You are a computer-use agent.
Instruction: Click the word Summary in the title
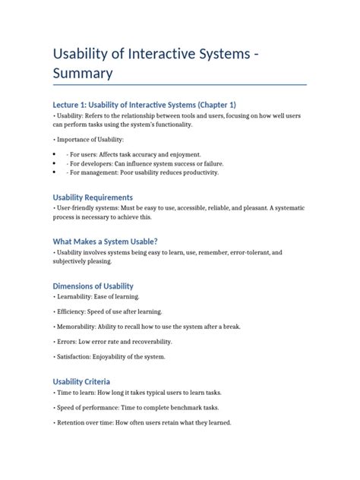click(x=82, y=73)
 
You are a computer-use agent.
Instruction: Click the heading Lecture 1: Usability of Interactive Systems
click(x=144, y=104)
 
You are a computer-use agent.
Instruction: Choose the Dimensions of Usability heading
click(x=98, y=286)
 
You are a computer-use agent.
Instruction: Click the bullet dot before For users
click(x=55, y=153)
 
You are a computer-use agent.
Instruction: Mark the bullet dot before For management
click(x=55, y=172)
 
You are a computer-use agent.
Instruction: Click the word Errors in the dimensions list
click(x=67, y=342)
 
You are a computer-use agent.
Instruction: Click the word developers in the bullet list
click(x=99, y=163)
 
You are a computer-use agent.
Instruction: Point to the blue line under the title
click(x=179, y=84)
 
